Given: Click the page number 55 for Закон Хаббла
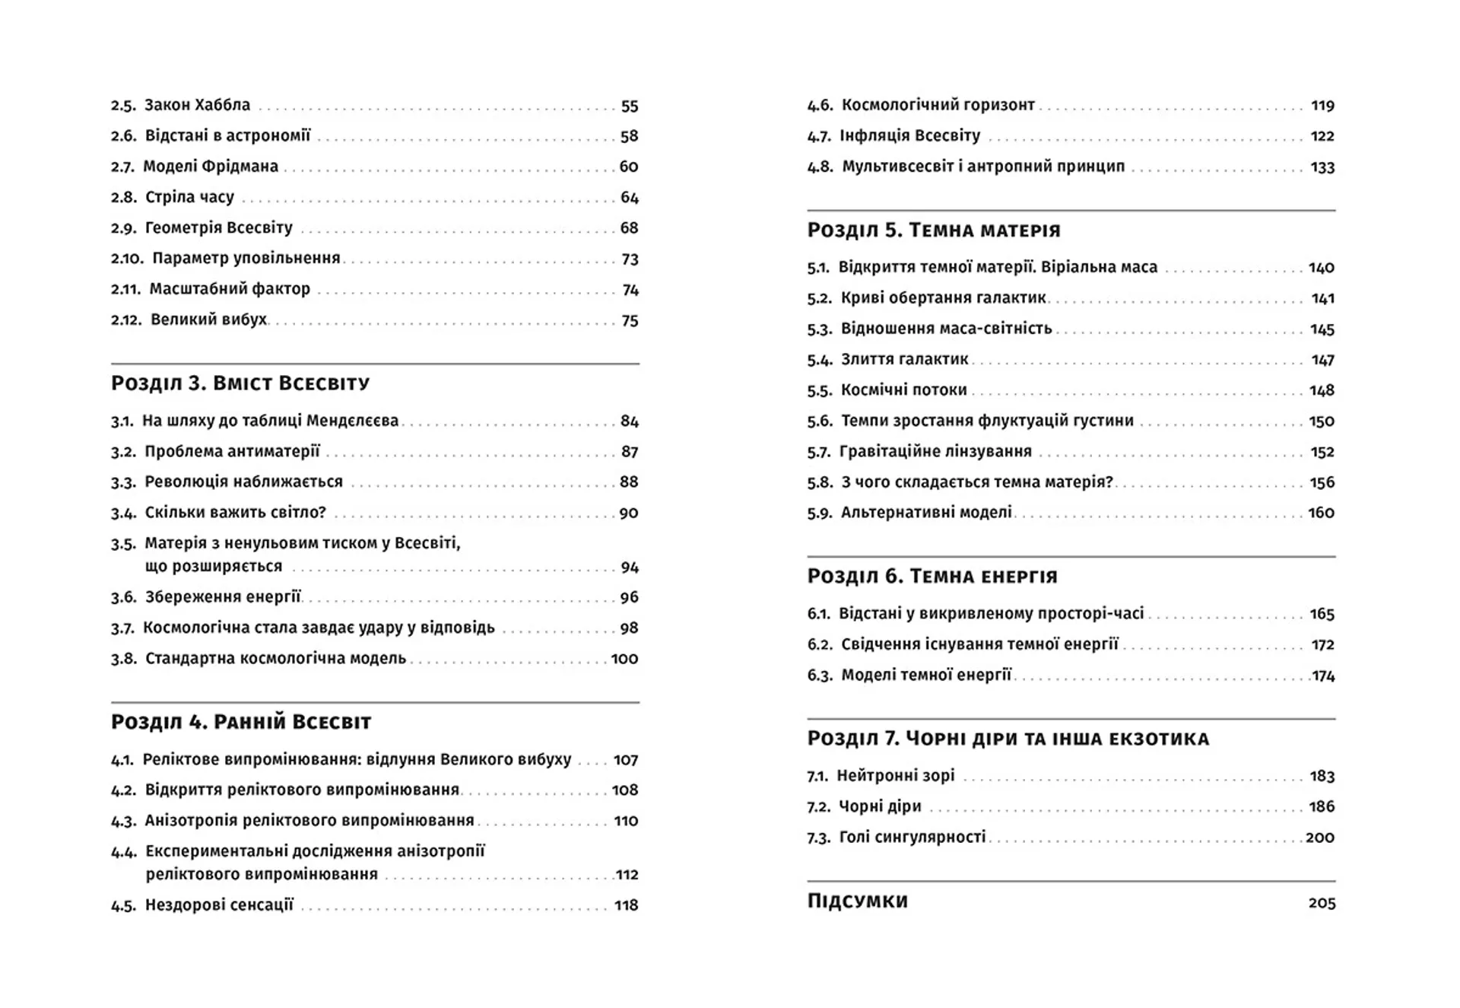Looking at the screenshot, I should click(629, 106).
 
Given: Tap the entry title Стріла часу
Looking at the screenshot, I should click(189, 197).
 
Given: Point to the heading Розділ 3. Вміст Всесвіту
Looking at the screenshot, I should click(240, 383).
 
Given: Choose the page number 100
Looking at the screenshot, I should click(624, 659).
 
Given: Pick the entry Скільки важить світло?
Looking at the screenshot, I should click(235, 513).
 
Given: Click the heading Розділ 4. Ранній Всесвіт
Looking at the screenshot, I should click(241, 721).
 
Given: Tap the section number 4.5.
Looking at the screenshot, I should click(123, 905).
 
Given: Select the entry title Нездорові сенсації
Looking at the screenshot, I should click(219, 905).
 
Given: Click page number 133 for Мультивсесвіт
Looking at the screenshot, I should click(1322, 167).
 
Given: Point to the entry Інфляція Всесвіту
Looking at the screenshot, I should click(909, 136).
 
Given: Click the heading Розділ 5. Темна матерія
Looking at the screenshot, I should click(933, 230).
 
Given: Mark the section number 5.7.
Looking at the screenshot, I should click(819, 452).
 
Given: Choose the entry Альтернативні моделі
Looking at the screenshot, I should click(926, 513).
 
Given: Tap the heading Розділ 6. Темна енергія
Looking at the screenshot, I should click(932, 576).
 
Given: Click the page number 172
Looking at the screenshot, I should click(1322, 645).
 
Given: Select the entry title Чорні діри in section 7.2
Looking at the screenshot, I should click(880, 806).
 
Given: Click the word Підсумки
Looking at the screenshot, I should click(857, 901).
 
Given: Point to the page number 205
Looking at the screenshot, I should click(1322, 903).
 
